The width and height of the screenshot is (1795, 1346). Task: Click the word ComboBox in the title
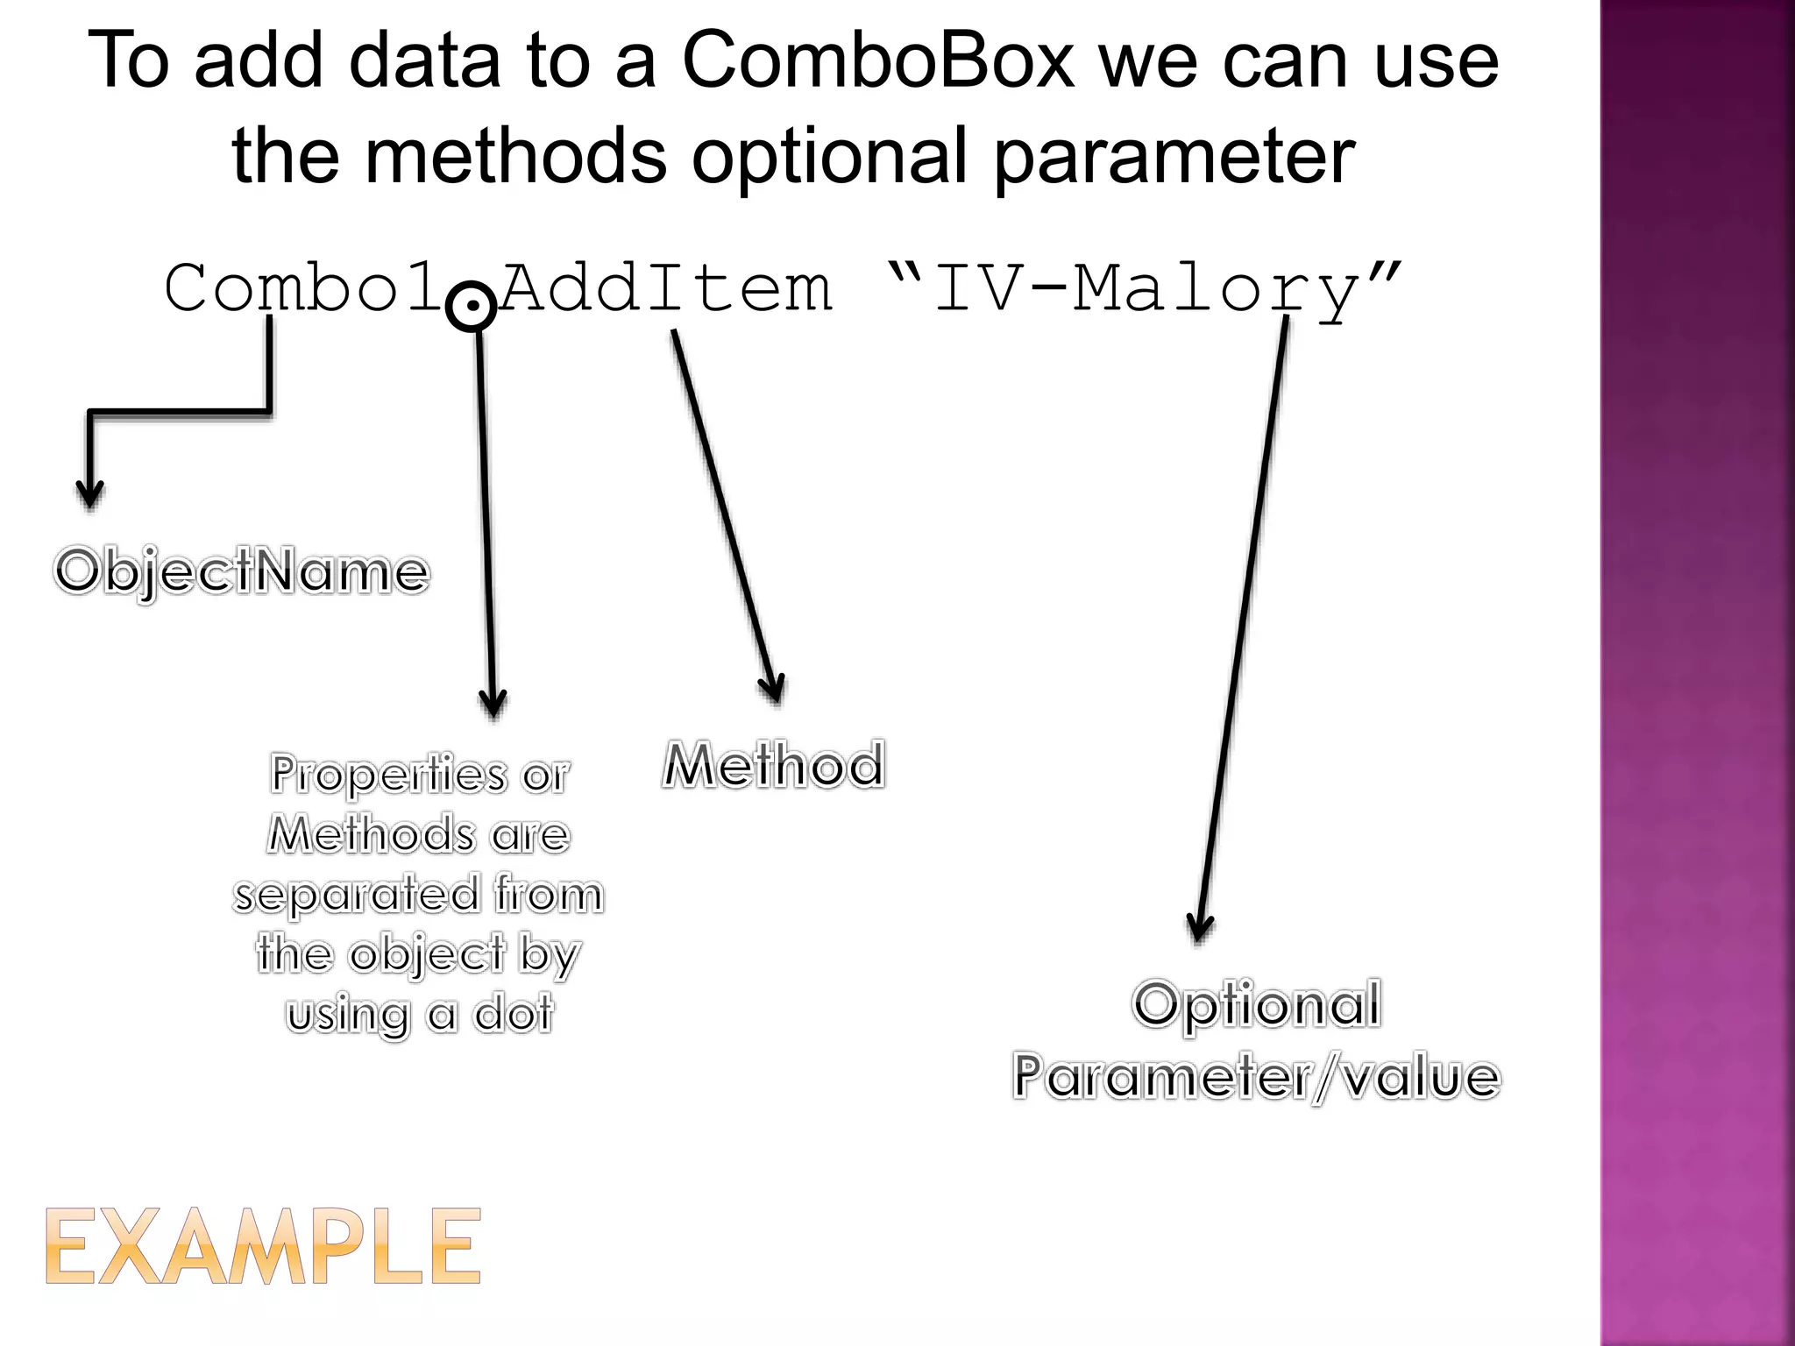[x=877, y=61]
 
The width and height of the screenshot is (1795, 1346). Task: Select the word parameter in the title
[x=1174, y=158]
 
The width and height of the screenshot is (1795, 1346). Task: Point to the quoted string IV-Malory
[x=1144, y=289]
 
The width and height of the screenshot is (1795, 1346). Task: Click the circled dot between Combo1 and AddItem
[x=472, y=307]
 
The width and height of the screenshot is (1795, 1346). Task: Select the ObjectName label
[x=242, y=572]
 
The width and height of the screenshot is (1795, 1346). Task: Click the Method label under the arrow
[x=773, y=765]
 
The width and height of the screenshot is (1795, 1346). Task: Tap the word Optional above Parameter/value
[x=1256, y=1004]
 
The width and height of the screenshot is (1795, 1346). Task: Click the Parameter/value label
[x=1256, y=1077]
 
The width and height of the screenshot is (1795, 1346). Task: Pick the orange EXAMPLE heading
[x=263, y=1247]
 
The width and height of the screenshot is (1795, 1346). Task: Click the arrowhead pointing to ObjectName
[x=89, y=495]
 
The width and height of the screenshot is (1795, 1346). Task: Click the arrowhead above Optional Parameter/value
[x=1199, y=927]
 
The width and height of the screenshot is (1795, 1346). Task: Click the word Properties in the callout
[x=388, y=775]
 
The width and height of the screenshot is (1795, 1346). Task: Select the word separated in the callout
[x=356, y=895]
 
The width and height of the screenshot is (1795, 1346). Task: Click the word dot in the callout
[x=514, y=1015]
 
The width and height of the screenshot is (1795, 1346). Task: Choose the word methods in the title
[x=514, y=158]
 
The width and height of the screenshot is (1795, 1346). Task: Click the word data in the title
[x=424, y=61]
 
